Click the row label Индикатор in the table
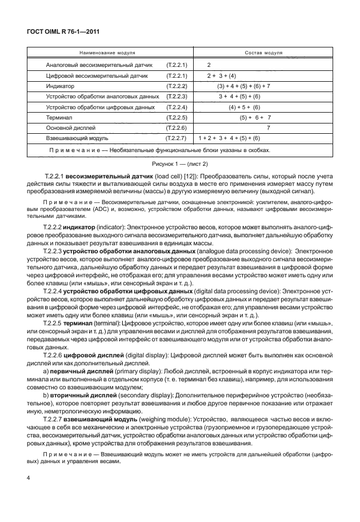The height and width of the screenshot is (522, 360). (x=60, y=86)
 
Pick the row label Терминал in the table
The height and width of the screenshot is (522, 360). (x=59, y=117)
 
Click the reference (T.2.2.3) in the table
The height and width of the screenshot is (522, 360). (x=177, y=96)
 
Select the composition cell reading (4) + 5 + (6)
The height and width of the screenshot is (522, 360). (x=244, y=107)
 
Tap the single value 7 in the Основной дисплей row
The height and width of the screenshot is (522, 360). (x=268, y=127)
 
